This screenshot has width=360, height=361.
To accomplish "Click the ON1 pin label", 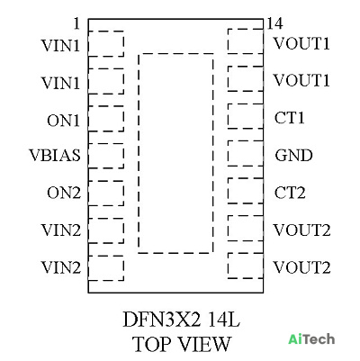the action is click(x=64, y=121).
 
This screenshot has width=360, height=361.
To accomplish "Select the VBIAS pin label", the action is click(x=55, y=156).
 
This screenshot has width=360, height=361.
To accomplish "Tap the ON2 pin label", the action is click(x=64, y=193).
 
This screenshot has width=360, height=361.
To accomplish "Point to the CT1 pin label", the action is click(x=290, y=118).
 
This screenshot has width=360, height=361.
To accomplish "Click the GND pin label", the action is click(x=293, y=156).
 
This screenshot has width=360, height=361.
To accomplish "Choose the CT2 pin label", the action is click(x=290, y=193).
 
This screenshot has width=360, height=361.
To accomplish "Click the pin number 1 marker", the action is click(x=77, y=23).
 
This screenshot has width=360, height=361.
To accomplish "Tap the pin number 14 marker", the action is click(x=274, y=23).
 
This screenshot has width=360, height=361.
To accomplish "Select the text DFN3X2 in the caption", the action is click(x=161, y=320).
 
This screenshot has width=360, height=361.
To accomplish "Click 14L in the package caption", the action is click(x=225, y=320).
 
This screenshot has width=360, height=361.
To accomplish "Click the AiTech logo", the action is click(x=311, y=339).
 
